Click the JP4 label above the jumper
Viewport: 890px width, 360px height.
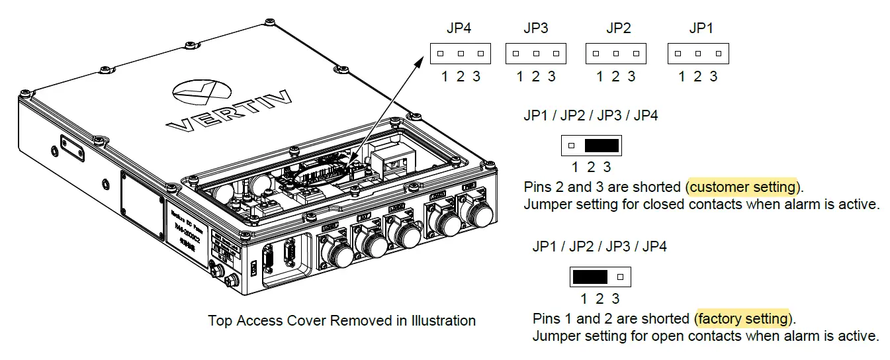(459, 28)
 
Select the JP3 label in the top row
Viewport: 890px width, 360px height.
(535, 28)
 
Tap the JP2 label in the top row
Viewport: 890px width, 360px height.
(618, 28)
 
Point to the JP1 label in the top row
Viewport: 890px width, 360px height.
(701, 28)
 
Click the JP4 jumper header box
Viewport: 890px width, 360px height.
(460, 54)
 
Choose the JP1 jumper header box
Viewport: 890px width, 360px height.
(697, 54)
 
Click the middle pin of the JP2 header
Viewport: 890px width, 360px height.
(616, 54)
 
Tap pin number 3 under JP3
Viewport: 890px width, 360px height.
(552, 77)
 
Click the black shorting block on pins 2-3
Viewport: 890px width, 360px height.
(601, 145)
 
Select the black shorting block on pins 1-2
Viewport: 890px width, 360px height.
(590, 277)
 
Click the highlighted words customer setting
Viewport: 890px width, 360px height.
(743, 187)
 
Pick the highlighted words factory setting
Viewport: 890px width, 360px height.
(743, 319)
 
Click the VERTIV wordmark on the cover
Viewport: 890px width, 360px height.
(229, 113)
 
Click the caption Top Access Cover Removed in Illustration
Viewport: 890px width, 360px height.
(341, 321)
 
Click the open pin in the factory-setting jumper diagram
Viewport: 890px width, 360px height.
(620, 277)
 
